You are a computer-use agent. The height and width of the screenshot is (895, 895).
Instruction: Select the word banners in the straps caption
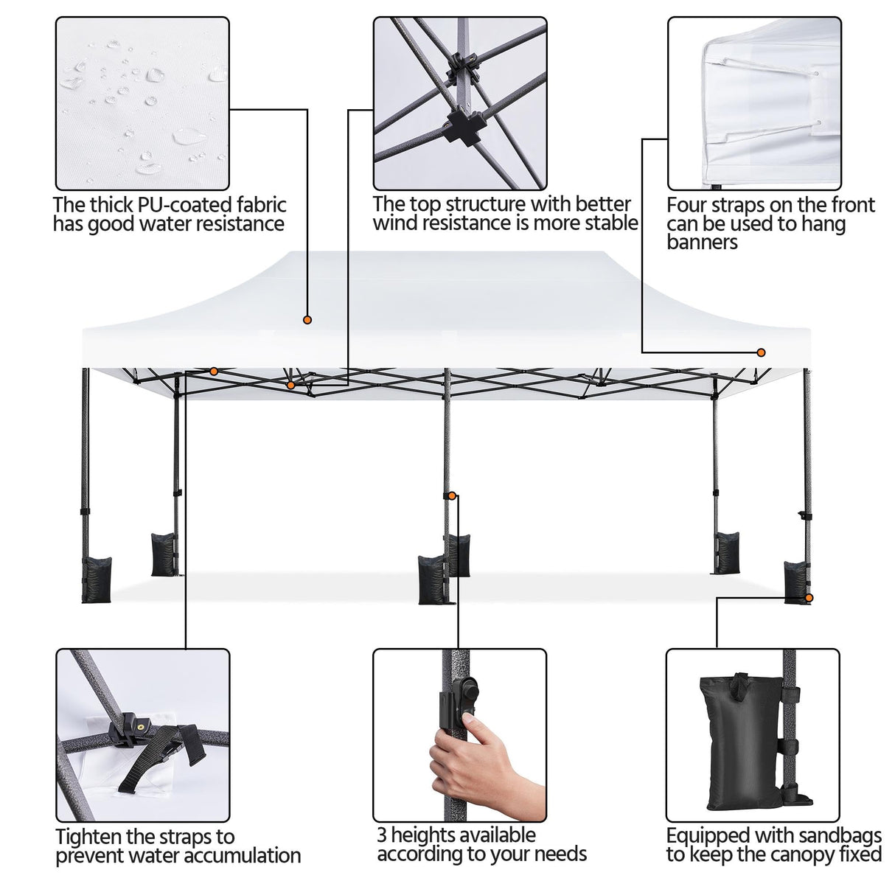coord(702,243)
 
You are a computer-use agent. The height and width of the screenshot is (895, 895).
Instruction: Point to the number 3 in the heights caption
coord(382,835)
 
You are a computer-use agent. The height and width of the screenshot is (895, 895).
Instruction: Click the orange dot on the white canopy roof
coord(307,320)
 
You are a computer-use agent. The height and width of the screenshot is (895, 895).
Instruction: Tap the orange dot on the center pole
coord(452,496)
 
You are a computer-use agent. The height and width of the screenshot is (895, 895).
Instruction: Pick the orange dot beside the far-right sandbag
coord(809,598)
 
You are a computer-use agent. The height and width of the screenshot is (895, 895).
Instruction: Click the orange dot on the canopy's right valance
coord(761,353)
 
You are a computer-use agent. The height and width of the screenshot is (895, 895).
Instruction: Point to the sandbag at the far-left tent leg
coord(97,579)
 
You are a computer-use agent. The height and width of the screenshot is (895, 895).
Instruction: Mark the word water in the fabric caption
coord(147,224)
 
